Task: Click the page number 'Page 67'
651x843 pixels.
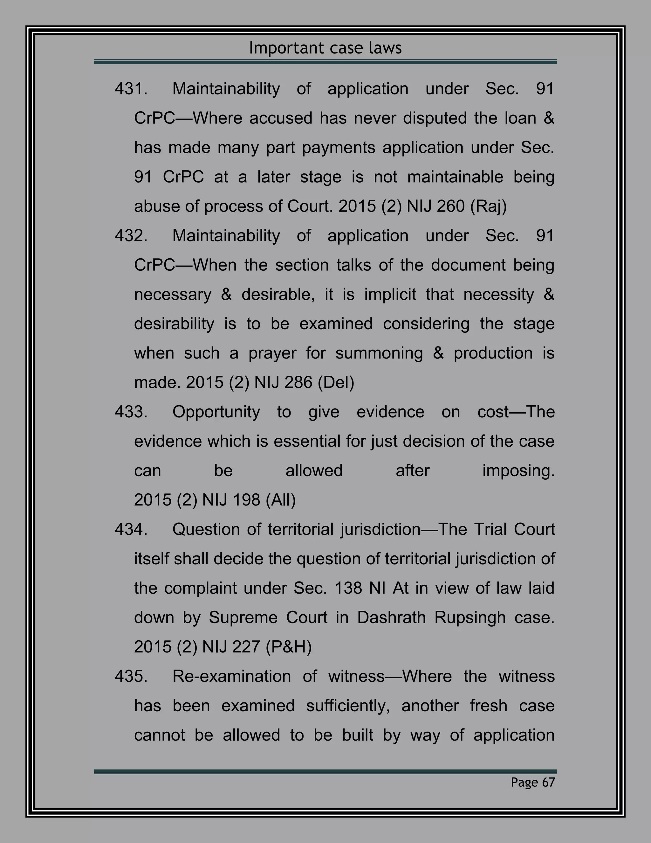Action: coord(533,782)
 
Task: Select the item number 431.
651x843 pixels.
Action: coord(131,89)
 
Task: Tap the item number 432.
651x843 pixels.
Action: coord(131,236)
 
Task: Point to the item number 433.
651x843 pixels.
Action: coord(131,412)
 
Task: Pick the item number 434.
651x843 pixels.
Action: coord(131,530)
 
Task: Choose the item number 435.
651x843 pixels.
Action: coord(131,677)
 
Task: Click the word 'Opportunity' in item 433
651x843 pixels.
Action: coord(216,412)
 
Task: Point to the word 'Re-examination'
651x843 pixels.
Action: coord(231,677)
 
